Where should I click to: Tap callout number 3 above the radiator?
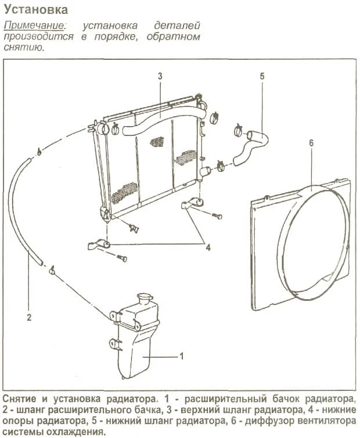(159, 76)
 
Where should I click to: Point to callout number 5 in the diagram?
(262, 76)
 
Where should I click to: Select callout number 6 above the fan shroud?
(311, 142)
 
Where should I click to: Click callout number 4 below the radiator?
(208, 247)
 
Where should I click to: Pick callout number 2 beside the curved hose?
(28, 317)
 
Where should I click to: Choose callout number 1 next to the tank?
(182, 355)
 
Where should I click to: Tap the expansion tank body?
(139, 349)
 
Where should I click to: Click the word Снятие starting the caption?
(21, 400)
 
